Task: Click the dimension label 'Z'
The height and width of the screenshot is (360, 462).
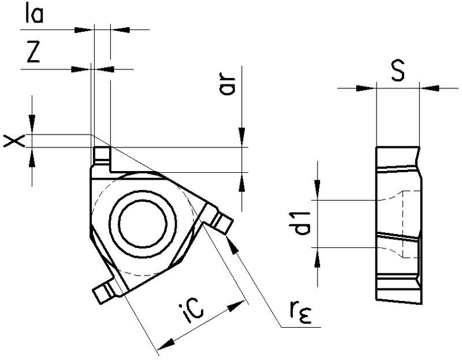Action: click(x=33, y=53)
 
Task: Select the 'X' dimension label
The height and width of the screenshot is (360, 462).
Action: click(x=13, y=140)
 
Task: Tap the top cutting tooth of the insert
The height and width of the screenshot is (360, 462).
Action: click(x=102, y=154)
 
